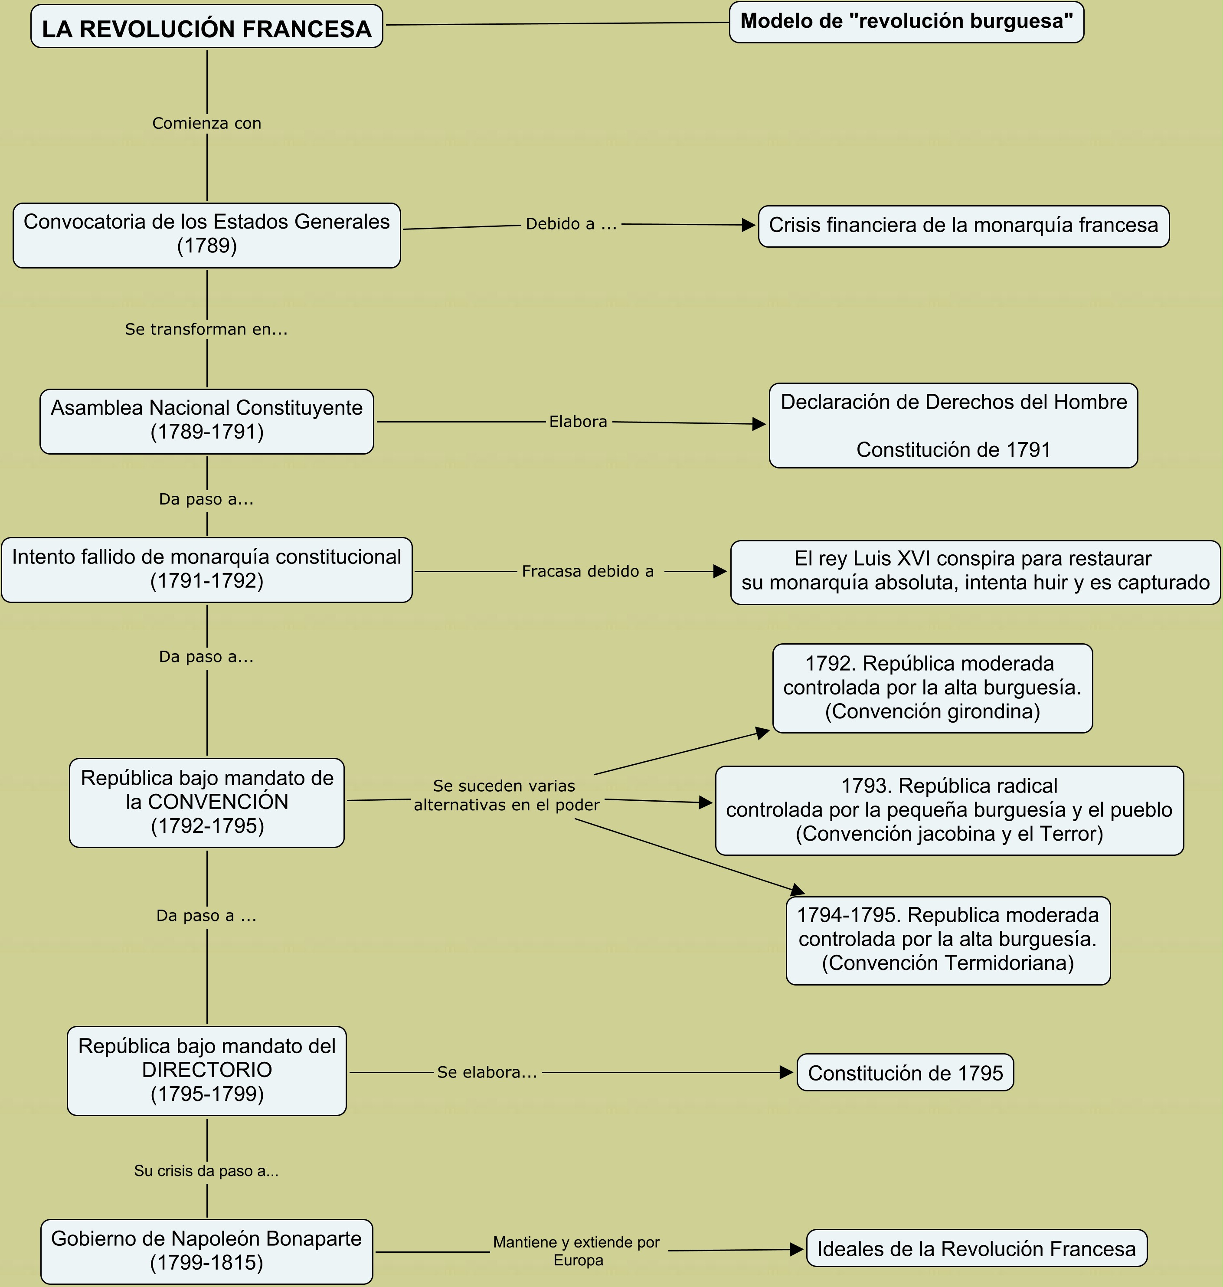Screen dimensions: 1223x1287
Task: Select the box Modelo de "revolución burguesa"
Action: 906,22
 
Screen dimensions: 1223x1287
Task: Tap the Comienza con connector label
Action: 207,123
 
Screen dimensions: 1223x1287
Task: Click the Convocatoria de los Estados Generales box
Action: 207,236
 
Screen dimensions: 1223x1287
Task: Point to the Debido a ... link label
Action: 571,224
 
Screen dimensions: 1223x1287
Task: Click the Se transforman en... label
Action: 207,329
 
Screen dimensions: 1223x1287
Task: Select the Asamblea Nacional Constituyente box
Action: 207,422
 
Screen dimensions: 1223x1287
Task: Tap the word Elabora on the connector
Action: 578,422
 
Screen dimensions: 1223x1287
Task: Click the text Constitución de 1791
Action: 953,450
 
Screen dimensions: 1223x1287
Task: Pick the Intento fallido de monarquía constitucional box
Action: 207,570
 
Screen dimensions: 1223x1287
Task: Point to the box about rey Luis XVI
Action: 975,573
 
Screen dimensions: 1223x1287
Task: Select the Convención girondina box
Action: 932,688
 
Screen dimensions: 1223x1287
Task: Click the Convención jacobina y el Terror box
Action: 949,810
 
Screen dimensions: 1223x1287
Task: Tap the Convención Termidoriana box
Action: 948,941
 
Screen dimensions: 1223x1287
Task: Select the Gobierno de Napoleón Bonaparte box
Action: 207,1252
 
